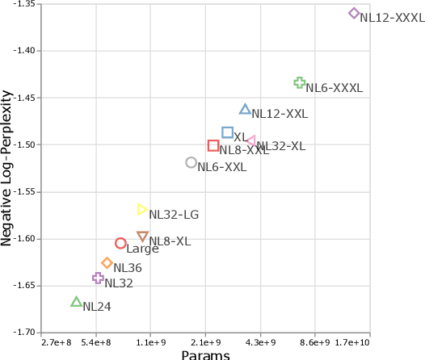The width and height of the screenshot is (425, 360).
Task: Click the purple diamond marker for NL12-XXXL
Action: click(x=354, y=13)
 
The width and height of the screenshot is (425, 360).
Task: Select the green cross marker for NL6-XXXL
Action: click(x=299, y=82)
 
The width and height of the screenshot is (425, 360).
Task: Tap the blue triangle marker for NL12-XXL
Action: click(x=245, y=109)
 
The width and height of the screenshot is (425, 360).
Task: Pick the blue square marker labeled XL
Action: click(x=227, y=132)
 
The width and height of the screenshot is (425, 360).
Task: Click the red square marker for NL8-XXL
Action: click(x=213, y=145)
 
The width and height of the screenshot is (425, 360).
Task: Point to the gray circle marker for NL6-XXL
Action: click(x=191, y=162)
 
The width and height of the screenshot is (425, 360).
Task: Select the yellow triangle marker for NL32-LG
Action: click(x=142, y=209)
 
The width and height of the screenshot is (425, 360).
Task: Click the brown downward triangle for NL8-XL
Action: click(x=143, y=237)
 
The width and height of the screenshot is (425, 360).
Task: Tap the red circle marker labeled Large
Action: click(x=120, y=243)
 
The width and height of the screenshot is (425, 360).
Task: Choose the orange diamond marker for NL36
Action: click(x=107, y=262)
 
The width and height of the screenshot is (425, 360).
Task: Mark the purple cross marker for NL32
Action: click(x=98, y=278)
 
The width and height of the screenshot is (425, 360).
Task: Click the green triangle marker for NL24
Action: click(x=76, y=302)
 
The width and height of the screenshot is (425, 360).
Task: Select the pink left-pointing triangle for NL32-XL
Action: click(x=250, y=141)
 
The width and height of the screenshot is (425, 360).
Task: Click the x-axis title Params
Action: click(x=205, y=354)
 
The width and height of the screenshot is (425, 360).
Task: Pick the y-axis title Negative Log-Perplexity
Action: click(x=7, y=167)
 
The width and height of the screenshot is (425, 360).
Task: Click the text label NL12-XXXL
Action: click(x=392, y=17)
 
